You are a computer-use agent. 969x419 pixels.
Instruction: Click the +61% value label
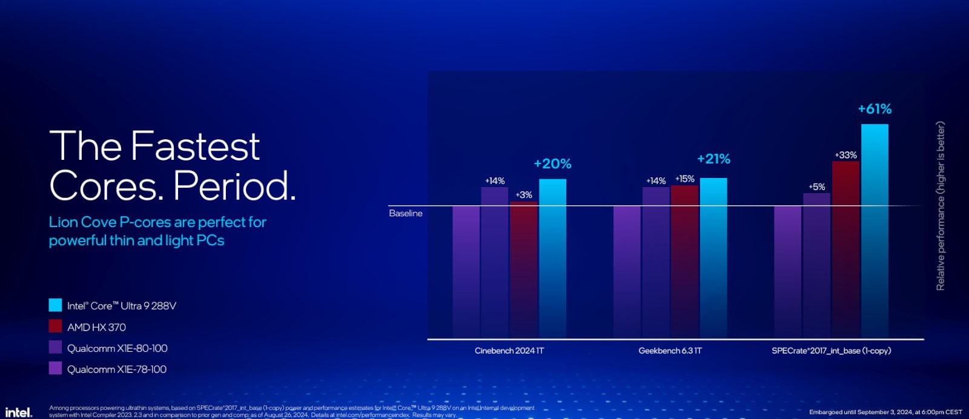point(875,109)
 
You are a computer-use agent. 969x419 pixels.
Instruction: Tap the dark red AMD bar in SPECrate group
point(845,248)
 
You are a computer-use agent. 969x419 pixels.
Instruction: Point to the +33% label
point(845,155)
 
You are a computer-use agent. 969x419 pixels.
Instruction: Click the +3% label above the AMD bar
point(524,195)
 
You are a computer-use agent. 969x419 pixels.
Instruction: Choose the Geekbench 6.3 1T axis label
point(670,351)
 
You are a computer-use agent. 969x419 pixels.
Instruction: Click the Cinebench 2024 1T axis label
point(509,351)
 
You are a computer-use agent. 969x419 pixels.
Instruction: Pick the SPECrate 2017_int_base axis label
point(831,351)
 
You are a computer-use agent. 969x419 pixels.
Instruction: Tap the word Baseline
point(406,213)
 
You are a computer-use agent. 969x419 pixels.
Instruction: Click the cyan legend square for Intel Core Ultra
point(55,305)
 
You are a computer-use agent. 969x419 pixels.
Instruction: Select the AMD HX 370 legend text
point(96,327)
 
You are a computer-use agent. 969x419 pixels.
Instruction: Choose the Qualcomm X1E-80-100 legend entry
point(117,348)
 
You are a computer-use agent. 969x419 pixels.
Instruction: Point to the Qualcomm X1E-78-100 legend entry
point(116,369)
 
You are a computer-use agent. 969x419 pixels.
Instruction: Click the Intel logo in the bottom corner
point(18,412)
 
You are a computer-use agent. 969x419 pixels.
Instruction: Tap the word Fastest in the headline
point(195,146)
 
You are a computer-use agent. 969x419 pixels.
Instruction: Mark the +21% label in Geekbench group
point(713,159)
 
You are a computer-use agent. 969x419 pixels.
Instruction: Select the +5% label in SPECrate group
point(816,186)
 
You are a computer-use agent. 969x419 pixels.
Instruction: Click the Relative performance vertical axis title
point(941,206)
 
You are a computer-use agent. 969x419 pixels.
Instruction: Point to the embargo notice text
point(885,412)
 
